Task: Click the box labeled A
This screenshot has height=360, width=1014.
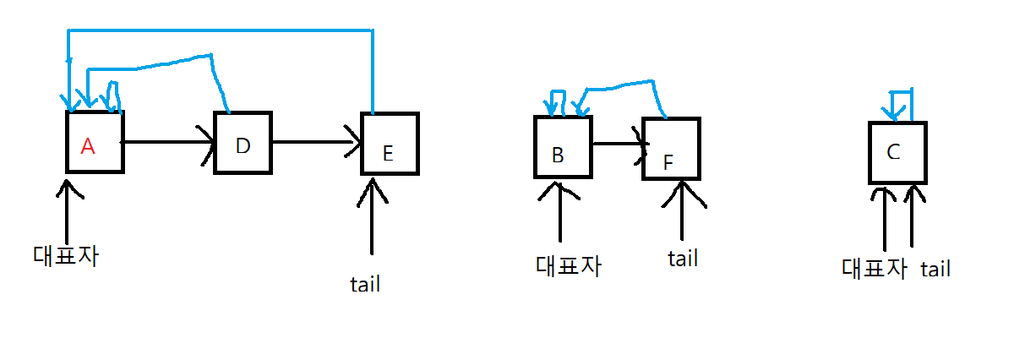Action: [95, 142]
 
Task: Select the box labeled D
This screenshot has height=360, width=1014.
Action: [243, 142]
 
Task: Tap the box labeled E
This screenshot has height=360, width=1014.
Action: [390, 143]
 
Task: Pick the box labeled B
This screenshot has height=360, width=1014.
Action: [562, 145]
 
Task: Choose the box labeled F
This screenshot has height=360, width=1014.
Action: [672, 149]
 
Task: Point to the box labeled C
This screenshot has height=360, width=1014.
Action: [898, 152]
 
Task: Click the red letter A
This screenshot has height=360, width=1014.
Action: [88, 146]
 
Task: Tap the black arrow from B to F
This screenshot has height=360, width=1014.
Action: [617, 144]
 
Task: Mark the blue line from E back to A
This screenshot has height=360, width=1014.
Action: [220, 30]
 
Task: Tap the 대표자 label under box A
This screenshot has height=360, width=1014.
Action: [67, 255]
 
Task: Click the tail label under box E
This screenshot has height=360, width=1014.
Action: [365, 284]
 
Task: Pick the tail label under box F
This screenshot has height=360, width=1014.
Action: [683, 258]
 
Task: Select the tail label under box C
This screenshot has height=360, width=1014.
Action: [935, 270]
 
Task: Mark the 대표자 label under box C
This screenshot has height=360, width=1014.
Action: [874, 269]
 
